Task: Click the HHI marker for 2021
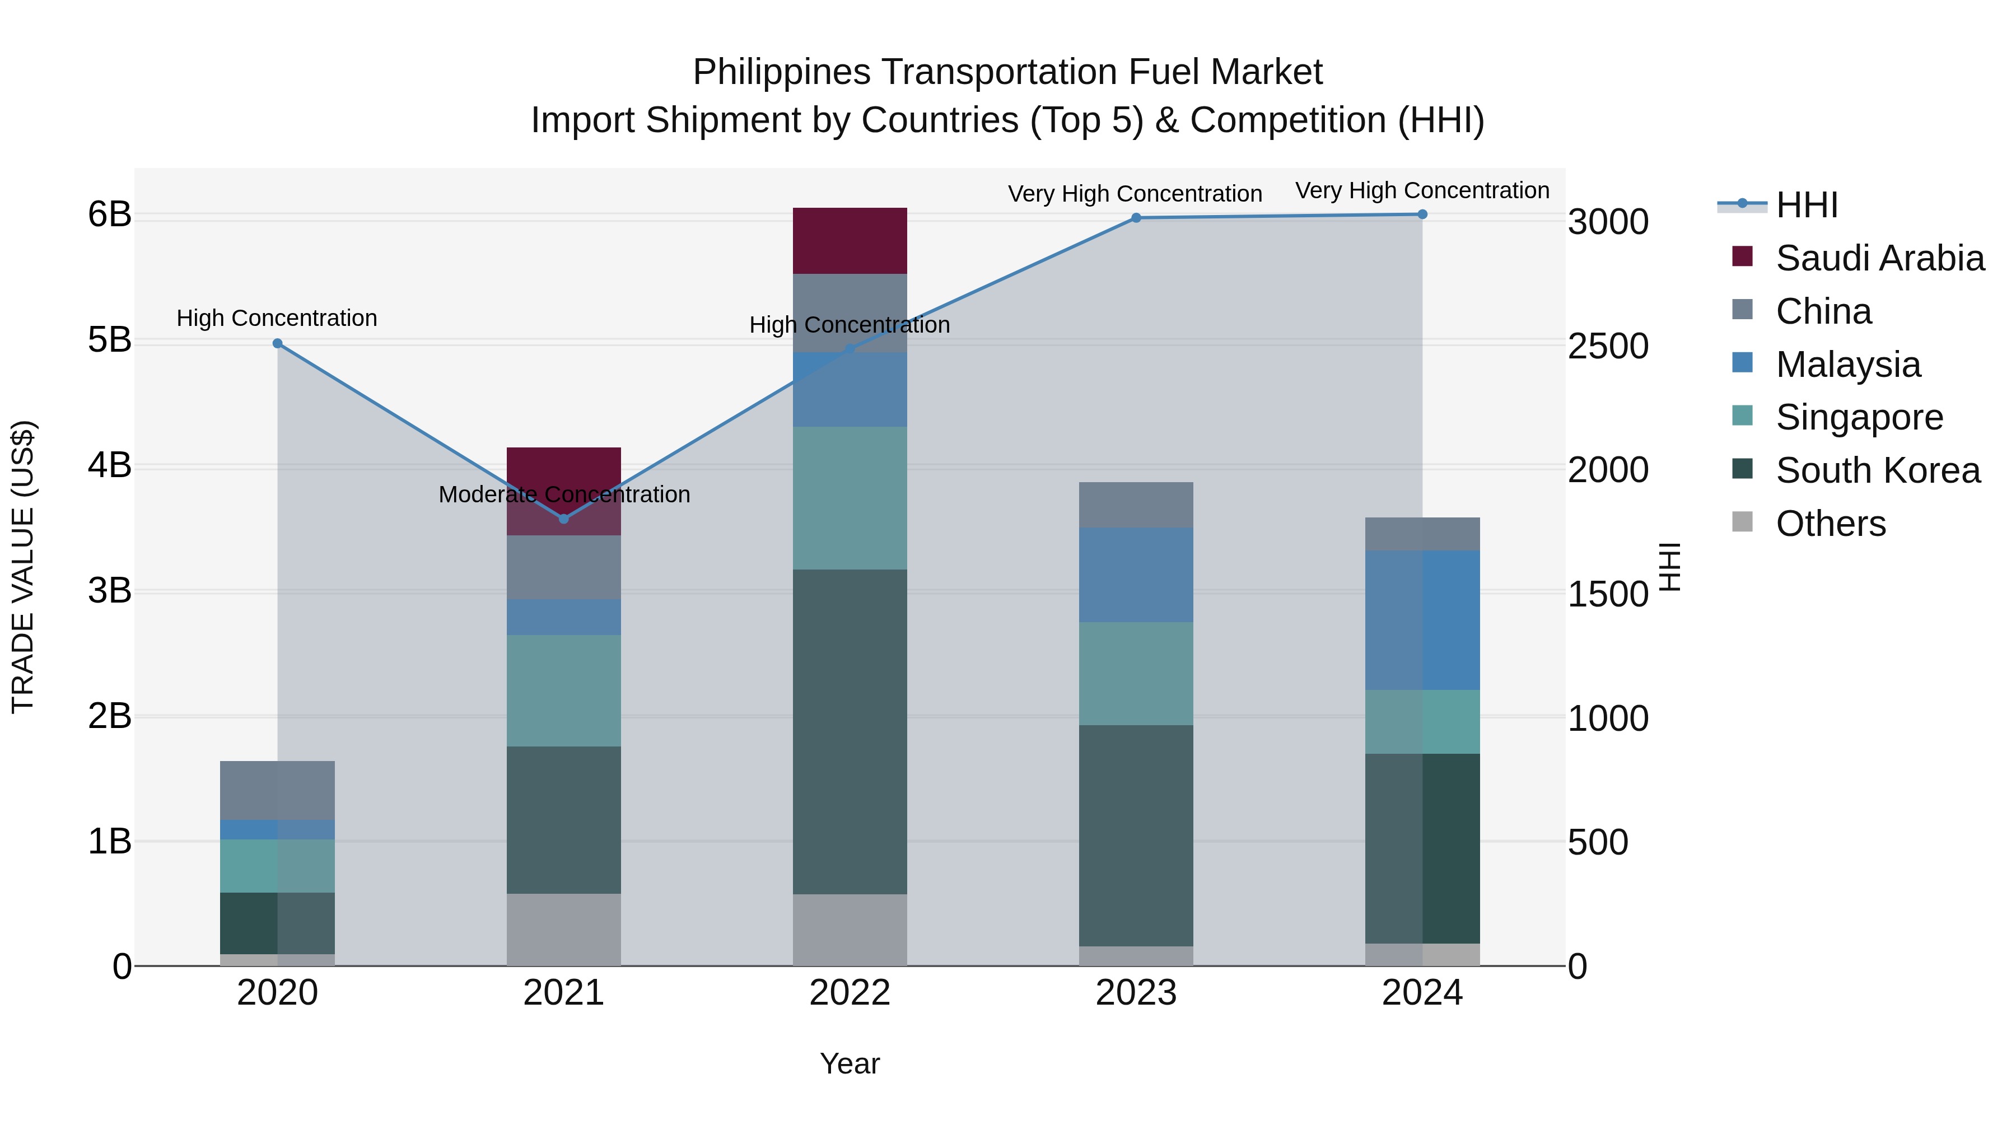(x=563, y=519)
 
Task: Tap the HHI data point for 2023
(x=1136, y=218)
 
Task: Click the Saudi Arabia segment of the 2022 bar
(x=850, y=241)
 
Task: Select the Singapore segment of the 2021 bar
(x=563, y=690)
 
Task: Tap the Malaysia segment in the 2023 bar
(x=1136, y=575)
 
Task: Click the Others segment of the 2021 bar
(x=563, y=930)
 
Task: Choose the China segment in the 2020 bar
(x=277, y=790)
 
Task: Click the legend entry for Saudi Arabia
(x=1880, y=258)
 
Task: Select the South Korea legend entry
(x=1878, y=470)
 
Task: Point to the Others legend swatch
(x=1743, y=522)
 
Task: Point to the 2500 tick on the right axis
(x=1608, y=347)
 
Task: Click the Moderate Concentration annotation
(x=563, y=494)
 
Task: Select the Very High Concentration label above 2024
(x=1422, y=191)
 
